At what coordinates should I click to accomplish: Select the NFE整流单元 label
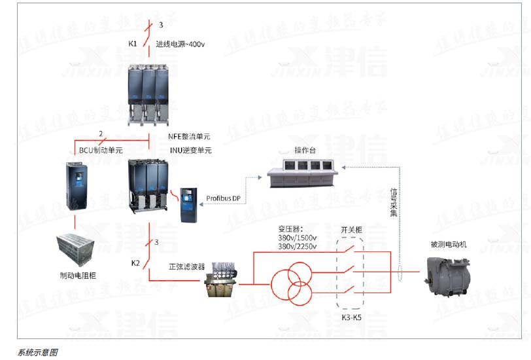click(x=190, y=137)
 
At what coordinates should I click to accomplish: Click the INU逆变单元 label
click(x=190, y=151)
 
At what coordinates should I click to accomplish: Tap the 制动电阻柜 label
click(x=77, y=275)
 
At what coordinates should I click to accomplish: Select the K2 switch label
click(x=135, y=263)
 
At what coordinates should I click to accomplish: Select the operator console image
click(x=303, y=173)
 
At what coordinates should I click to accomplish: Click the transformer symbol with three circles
click(x=292, y=284)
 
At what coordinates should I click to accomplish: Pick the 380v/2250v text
click(x=297, y=247)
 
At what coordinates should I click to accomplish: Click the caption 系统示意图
click(x=38, y=351)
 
